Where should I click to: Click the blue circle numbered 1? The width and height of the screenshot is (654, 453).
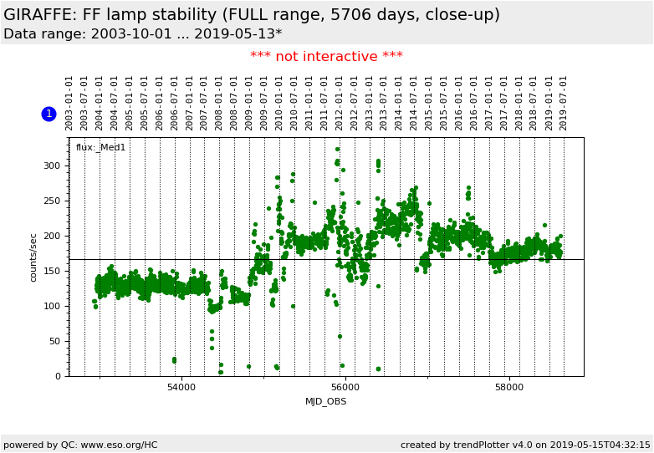pos(49,114)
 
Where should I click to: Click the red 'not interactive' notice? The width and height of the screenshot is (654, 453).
pos(326,57)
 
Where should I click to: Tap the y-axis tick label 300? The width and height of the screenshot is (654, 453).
pos(52,165)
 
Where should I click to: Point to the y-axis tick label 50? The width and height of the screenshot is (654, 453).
pos(55,341)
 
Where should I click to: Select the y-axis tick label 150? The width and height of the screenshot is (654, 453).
pos(52,271)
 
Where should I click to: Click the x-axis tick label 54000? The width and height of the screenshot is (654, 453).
pos(181,388)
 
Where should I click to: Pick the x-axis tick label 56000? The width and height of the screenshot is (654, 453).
pos(345,388)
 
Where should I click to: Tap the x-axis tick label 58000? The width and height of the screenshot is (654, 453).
pos(509,388)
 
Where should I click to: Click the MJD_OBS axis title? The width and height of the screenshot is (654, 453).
pos(326,401)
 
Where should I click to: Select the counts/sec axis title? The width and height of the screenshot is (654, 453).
pos(34,257)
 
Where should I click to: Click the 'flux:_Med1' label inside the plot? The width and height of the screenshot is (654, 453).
pos(101,148)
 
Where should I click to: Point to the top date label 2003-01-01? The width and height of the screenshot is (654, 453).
pos(69,103)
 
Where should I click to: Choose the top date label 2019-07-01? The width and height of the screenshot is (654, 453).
pos(564,103)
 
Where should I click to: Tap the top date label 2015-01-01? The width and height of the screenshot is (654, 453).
pos(429,103)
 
